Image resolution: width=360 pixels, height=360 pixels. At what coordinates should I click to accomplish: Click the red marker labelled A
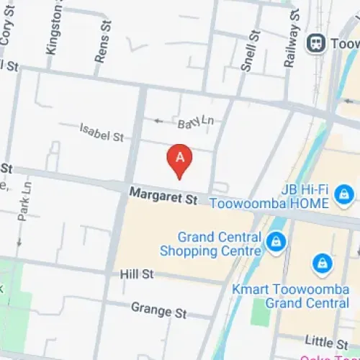point(179,158)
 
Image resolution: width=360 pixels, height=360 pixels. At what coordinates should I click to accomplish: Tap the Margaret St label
point(163,195)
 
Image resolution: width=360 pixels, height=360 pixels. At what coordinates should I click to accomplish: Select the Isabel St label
point(102,132)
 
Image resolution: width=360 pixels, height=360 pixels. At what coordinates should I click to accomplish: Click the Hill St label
point(137,274)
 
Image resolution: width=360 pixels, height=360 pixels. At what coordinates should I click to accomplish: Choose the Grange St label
point(158,310)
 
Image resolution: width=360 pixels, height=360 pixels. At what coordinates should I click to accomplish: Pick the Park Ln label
point(26,202)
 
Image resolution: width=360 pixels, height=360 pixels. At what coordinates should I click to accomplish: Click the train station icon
point(315,44)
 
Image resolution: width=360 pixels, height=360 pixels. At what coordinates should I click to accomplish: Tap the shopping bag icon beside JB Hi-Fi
point(346,192)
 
